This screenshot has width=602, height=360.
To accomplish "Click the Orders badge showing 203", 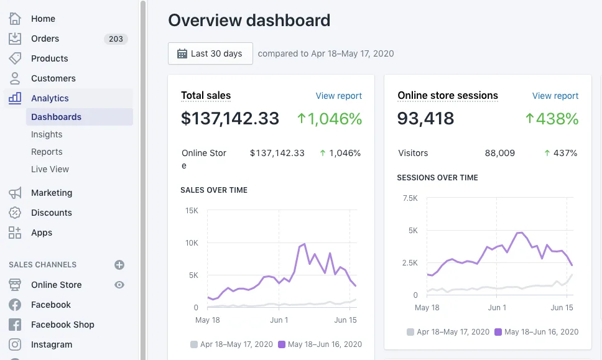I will tap(116, 39).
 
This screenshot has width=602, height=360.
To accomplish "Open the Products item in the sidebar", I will tap(49, 58).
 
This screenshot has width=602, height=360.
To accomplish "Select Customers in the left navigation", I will tap(53, 78).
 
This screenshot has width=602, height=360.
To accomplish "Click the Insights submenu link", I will tap(47, 134).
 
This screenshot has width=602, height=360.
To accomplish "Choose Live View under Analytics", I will tap(50, 169).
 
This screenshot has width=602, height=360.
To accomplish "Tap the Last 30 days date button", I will tap(210, 53).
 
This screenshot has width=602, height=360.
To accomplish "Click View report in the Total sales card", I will tap(338, 96).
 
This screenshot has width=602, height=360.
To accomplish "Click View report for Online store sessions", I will tap(555, 96).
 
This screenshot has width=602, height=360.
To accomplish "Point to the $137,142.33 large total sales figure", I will tap(230, 118).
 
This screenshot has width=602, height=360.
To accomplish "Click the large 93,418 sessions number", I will tap(425, 118).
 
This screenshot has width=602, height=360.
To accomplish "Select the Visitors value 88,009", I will tap(499, 153).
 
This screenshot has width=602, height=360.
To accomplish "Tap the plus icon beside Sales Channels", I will tap(119, 265).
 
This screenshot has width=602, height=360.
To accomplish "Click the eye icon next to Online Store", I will tap(119, 285).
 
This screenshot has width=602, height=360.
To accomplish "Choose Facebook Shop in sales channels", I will tap(62, 325).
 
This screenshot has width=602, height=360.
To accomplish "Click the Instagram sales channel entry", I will tap(51, 344).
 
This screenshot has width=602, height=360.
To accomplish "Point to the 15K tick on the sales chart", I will tap(192, 211).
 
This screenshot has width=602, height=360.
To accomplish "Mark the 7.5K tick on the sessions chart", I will tap(410, 198).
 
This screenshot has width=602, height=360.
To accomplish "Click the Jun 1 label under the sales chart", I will tap(279, 320).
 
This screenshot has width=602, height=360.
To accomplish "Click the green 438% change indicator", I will tap(552, 118).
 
